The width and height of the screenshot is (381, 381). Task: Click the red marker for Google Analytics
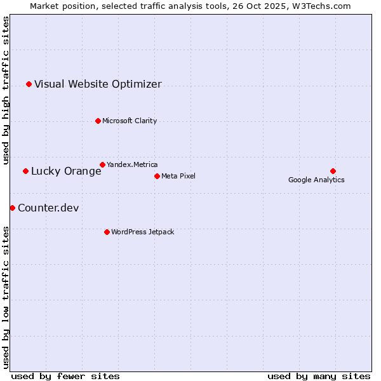pyautogui.click(x=333, y=171)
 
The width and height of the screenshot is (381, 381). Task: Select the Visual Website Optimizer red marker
pyautogui.click(x=29, y=84)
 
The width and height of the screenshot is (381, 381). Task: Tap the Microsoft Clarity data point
pyautogui.click(x=98, y=121)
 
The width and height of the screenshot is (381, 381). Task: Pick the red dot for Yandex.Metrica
pyautogui.click(x=102, y=164)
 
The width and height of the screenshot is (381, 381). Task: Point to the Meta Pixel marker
pyautogui.click(x=157, y=176)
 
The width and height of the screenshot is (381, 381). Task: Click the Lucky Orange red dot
pyautogui.click(x=25, y=171)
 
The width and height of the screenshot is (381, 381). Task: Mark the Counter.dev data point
pyautogui.click(x=12, y=208)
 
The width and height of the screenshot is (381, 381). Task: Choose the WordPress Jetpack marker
pyautogui.click(x=107, y=232)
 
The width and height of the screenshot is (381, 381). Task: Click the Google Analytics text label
pyautogui.click(x=316, y=180)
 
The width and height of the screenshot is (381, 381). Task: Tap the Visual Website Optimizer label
pyautogui.click(x=98, y=84)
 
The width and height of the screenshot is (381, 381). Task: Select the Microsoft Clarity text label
pyautogui.click(x=130, y=121)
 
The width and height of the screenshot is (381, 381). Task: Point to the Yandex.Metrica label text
pyautogui.click(x=132, y=164)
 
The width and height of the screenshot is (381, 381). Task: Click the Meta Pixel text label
pyautogui.click(x=178, y=176)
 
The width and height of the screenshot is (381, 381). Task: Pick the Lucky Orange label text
pyautogui.click(x=66, y=171)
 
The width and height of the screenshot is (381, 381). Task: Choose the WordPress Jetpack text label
pyautogui.click(x=142, y=232)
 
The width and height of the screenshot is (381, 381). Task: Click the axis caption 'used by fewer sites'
pyautogui.click(x=65, y=376)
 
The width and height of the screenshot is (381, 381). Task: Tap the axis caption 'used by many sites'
pyautogui.click(x=319, y=376)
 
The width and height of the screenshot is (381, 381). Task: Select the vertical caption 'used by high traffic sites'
pyautogui.click(x=6, y=90)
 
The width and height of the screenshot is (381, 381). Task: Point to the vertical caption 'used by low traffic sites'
pyautogui.click(x=6, y=297)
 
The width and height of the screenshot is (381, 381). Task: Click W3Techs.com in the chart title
pyautogui.click(x=322, y=6)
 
